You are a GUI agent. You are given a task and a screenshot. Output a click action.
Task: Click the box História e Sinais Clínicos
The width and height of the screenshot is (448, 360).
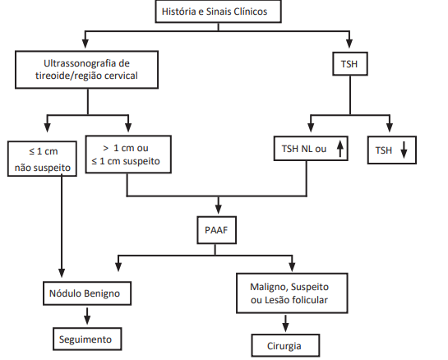tap(219, 12)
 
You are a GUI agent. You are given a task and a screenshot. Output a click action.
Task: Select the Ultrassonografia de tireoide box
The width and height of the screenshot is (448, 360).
tap(86, 70)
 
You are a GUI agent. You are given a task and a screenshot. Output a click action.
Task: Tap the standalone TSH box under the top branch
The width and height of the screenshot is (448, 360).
tap(350, 64)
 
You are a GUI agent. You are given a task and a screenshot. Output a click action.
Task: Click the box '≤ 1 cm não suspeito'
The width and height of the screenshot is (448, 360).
tap(42, 159)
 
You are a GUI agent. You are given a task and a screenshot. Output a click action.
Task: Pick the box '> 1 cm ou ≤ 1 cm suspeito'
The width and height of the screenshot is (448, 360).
tap(128, 155)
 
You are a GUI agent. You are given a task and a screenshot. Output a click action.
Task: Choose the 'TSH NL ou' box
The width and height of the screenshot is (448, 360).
tap(311, 149)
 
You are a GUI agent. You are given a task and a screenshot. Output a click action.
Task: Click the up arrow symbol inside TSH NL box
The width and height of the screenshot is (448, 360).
tap(340, 149)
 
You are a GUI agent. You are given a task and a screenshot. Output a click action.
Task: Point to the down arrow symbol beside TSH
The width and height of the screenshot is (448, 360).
tap(404, 150)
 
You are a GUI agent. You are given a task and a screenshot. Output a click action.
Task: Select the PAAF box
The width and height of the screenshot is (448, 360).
tap(216, 230)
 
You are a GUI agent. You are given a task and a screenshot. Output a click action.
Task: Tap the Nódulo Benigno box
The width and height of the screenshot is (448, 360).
tap(87, 293)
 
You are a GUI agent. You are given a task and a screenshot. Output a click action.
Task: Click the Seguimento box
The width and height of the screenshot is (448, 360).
tap(87, 339)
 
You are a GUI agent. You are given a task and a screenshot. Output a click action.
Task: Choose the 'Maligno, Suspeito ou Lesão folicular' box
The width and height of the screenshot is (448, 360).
tap(292, 293)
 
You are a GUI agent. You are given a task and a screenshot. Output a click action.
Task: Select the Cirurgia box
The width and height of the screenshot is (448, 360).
tap(285, 346)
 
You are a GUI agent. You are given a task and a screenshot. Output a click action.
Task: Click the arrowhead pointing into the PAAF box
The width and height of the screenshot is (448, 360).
tap(219, 210)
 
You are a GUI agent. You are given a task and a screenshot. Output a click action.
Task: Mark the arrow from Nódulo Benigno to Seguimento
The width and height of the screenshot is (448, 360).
tap(87, 316)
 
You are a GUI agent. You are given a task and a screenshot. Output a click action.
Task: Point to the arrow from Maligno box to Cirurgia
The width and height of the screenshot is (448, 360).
tap(285, 324)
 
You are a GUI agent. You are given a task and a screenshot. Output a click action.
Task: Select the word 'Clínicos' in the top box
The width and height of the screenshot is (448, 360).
tap(250, 12)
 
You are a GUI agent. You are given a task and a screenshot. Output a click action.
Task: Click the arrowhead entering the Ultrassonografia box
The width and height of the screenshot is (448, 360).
tap(85, 44)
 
